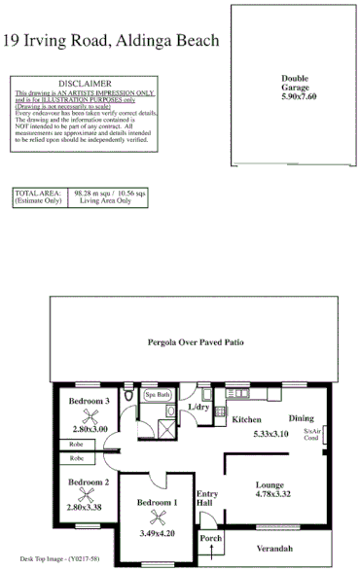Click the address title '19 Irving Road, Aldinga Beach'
pos(112,40)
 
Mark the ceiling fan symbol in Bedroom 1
pos(156,517)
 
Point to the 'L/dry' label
pos(198,406)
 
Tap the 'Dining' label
pos(301,418)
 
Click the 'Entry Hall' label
pos(206,498)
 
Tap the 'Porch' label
pos(210,539)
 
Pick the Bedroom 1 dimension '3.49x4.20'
pos(156,534)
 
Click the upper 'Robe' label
pos(76,446)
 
